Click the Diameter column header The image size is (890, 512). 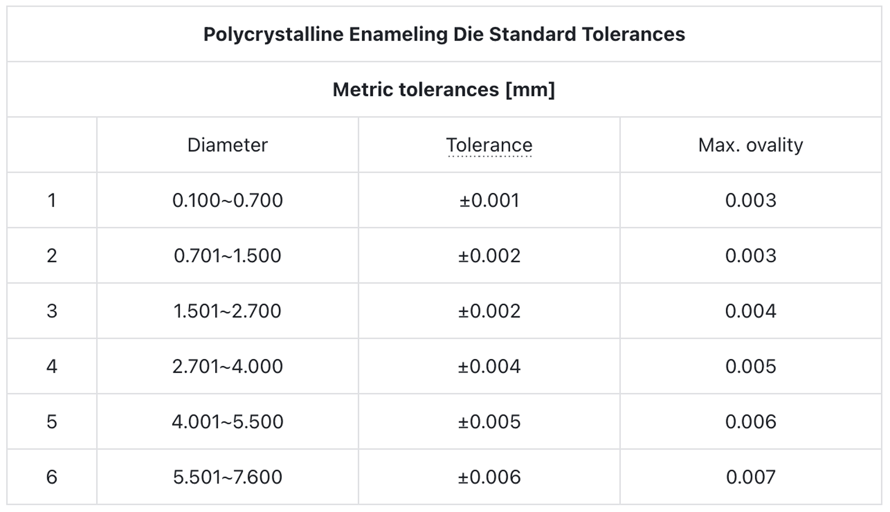click(227, 145)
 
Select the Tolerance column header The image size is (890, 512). click(489, 145)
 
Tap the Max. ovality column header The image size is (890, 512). click(751, 145)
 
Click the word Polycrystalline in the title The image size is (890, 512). click(273, 35)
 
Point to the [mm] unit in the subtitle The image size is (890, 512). click(530, 89)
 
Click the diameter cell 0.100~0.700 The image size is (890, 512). click(227, 201)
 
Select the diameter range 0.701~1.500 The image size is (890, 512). click(227, 256)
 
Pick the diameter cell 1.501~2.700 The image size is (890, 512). click(227, 311)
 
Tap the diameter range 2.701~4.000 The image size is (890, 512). click(227, 367)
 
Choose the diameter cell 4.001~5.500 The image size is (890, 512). click(227, 422)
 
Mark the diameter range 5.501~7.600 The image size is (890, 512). click(227, 477)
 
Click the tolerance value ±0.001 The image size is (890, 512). click(489, 201)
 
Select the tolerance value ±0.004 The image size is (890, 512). click(489, 367)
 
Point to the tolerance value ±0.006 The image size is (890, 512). click(489, 477)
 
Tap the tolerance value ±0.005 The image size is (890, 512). click(489, 422)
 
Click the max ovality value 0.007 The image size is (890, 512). click(751, 477)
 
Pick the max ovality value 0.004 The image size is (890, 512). click(751, 311)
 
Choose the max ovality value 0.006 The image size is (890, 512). click(751, 422)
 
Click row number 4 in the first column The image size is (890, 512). click(52, 367)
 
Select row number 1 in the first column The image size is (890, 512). click(52, 201)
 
